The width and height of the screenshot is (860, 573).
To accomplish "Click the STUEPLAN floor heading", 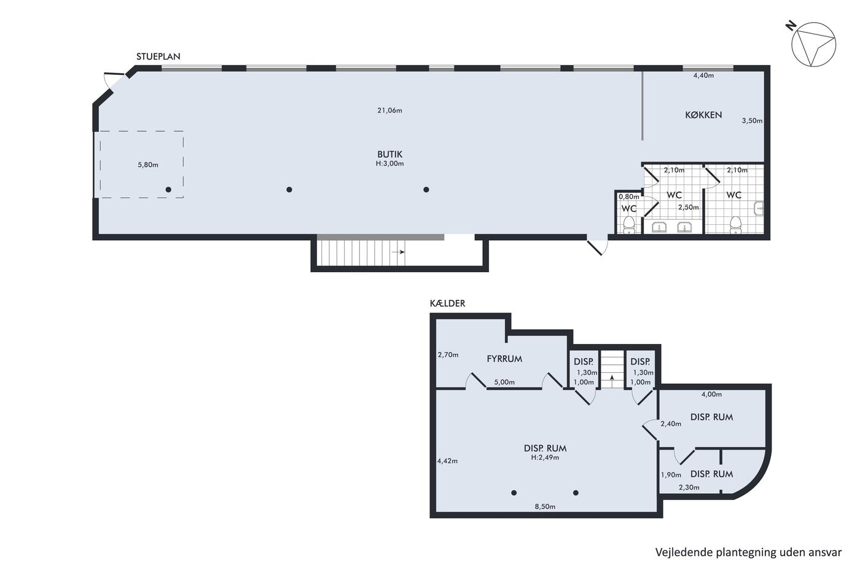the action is coord(158,57).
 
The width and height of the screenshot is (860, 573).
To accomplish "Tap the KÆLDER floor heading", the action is coord(447,303).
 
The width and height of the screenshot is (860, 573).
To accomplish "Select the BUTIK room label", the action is coord(389,154).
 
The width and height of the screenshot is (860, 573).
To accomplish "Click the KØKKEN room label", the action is coord(703,115).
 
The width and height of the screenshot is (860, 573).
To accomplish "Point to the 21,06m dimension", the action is coord(389,111).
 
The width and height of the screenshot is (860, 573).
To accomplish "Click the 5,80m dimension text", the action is coord(148,165).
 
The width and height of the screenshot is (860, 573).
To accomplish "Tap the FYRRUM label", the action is coord(504,359).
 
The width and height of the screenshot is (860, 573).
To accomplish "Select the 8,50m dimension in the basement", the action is coord(545,507).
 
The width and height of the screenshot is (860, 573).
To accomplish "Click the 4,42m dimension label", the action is coord(447,461).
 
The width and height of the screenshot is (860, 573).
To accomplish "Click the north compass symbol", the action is coord(813,44).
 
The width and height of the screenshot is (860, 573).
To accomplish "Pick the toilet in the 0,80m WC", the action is coord(629,225).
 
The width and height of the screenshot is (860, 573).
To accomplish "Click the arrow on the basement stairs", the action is coord(612,382).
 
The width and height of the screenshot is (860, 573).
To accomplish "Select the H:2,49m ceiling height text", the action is coord(545,458).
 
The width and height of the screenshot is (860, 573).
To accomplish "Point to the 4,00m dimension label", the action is coord(711,394).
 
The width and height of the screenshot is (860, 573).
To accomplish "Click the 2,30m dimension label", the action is coord(689,488).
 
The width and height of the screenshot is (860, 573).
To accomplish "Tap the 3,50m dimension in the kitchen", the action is coord(752,121).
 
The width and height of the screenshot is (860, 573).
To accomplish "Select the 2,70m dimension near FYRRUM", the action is coord(448,355).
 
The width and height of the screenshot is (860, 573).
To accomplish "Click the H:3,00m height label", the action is coord(389,163).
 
